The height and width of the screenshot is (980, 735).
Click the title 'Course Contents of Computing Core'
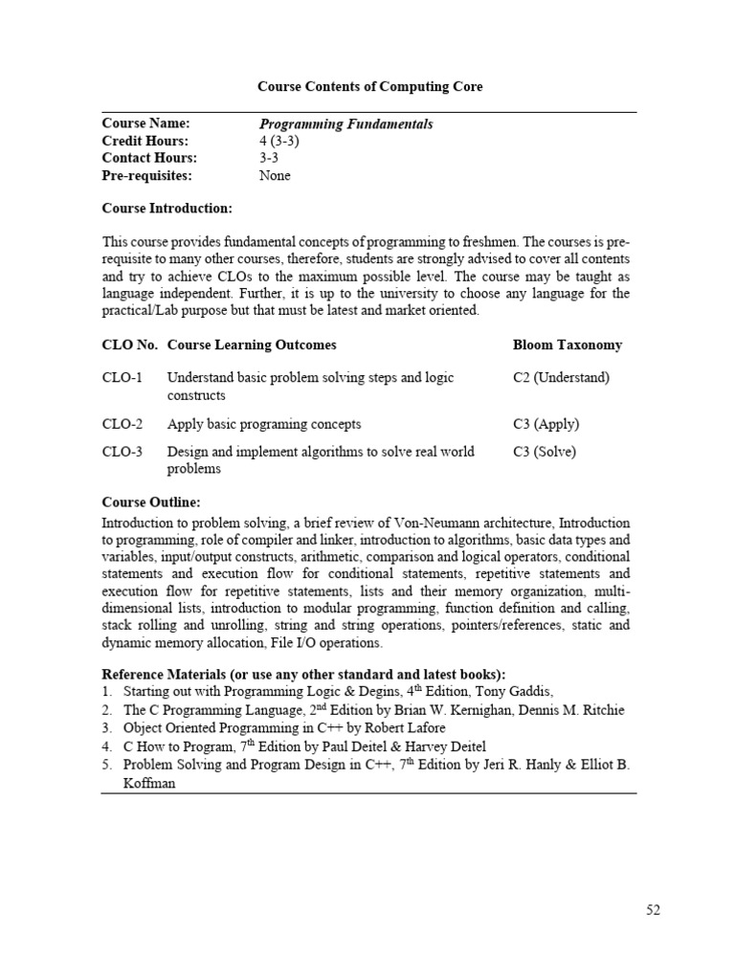pyautogui.click(x=369, y=87)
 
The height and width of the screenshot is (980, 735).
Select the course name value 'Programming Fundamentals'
pyautogui.click(x=346, y=124)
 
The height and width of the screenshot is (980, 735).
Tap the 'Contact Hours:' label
pyautogui.click(x=149, y=159)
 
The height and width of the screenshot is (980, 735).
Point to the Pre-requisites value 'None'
pyautogui.click(x=275, y=176)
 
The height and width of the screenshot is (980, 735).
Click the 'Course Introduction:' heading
pyautogui.click(x=167, y=209)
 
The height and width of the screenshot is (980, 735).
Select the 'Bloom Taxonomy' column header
pyautogui.click(x=567, y=345)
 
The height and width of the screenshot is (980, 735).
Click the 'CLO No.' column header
pyautogui.click(x=130, y=345)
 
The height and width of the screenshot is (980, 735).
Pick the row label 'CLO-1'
pyautogui.click(x=122, y=378)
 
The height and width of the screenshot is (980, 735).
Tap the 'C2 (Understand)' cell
pyautogui.click(x=561, y=378)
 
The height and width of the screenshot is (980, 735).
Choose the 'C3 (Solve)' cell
pyautogui.click(x=545, y=452)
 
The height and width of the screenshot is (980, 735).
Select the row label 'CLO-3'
pyautogui.click(x=122, y=452)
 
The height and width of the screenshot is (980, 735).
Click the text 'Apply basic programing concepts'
pyautogui.click(x=264, y=424)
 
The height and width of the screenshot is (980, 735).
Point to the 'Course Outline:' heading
pyautogui.click(x=151, y=502)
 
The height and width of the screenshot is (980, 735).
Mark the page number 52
pyautogui.click(x=652, y=910)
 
